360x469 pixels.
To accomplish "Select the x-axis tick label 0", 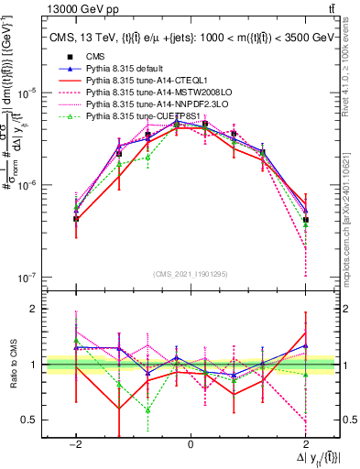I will [x=190, y=443].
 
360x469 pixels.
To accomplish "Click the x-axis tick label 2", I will [x=306, y=443].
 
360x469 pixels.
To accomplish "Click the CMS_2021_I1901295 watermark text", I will [x=190, y=273].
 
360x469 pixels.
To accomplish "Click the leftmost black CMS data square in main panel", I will [x=76, y=219].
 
